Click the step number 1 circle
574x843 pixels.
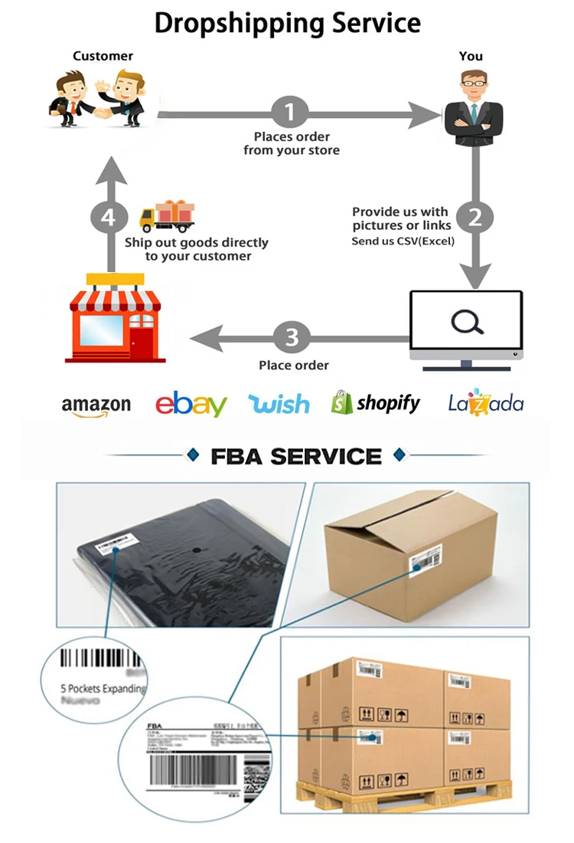tap(289, 113)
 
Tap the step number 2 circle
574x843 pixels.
tap(475, 218)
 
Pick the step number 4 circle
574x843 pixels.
tap(109, 218)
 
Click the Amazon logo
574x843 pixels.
tap(96, 405)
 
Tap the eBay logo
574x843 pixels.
tap(191, 404)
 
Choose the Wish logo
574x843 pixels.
tap(279, 404)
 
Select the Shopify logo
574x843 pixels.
tap(376, 403)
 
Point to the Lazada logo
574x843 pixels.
tap(486, 403)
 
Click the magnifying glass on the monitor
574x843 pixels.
tap(467, 323)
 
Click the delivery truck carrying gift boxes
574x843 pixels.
tap(166, 216)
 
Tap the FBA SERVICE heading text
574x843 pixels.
tap(295, 457)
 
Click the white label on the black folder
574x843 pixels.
tap(105, 546)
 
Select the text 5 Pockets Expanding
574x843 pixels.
tap(103, 688)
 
